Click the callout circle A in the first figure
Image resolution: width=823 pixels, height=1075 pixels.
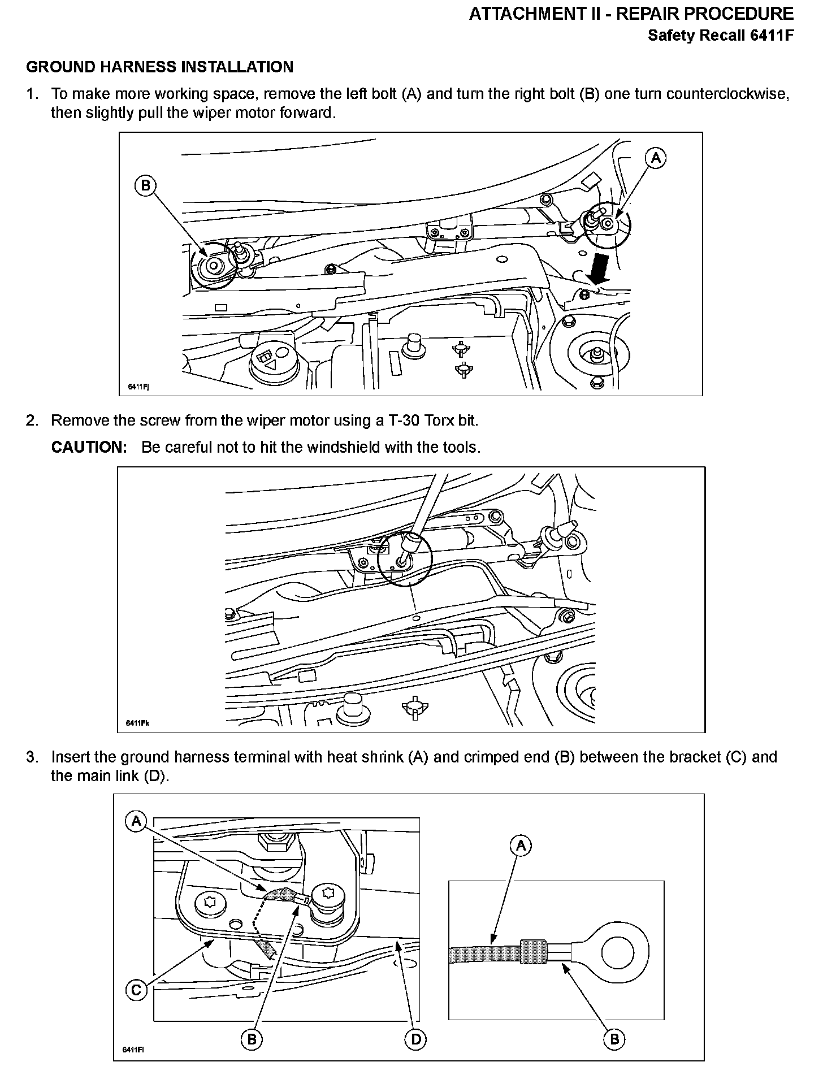coord(656,158)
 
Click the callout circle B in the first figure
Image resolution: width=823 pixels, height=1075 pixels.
coord(145,186)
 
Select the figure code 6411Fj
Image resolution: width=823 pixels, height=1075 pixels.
coord(138,387)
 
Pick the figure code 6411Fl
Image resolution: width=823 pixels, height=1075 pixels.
coord(134,1050)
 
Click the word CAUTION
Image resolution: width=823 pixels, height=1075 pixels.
coord(89,447)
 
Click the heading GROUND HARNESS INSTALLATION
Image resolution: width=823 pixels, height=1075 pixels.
coord(160,67)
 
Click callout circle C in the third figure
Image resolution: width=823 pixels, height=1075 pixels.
coord(136,989)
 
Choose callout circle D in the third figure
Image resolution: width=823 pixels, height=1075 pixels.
coord(415,1039)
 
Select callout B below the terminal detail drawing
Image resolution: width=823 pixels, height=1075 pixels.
coord(614,1039)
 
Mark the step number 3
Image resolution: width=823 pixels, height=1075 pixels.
coord(32,757)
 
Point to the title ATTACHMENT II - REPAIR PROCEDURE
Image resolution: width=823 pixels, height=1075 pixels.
coord(631,14)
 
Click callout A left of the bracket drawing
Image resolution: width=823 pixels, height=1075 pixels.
coord(136,821)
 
